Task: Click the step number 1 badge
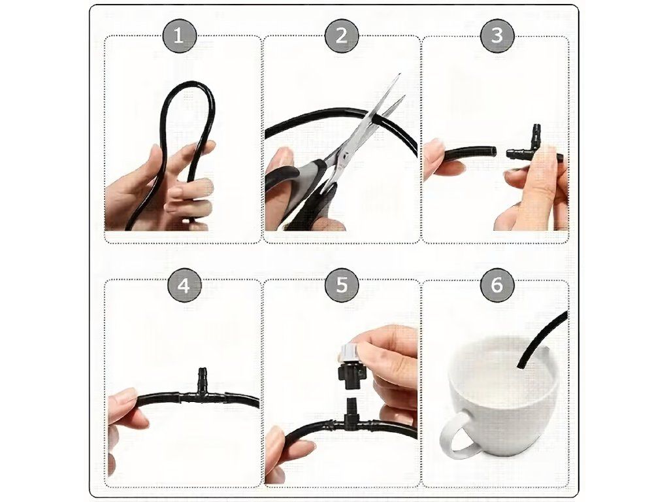[179, 36]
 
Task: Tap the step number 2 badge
[341, 36]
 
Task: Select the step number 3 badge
[497, 35]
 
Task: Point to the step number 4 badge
[184, 285]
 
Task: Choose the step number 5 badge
[342, 284]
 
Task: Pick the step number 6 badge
[497, 284]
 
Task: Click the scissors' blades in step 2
[376, 120]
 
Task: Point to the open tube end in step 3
[493, 152]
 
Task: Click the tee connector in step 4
[201, 393]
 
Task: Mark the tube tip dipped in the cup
[519, 365]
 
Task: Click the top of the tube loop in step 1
[188, 84]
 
